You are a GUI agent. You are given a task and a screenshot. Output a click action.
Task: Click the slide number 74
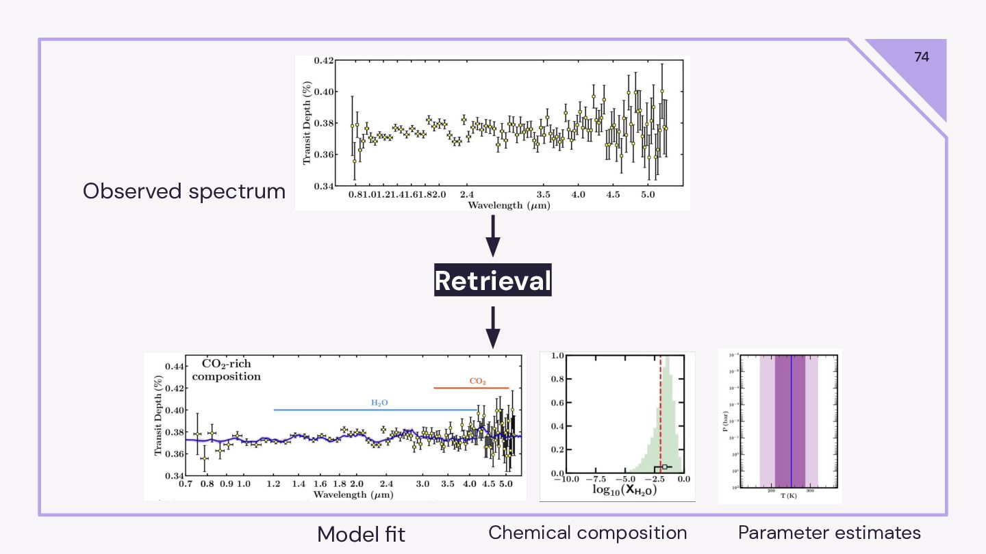coord(922,57)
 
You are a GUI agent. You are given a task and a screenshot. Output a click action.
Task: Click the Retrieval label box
coord(492,280)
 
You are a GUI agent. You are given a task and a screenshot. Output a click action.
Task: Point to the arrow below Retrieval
coord(492,327)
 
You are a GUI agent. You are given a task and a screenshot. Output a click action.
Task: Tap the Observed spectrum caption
coord(184,192)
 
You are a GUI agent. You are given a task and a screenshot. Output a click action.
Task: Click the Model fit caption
coord(361,534)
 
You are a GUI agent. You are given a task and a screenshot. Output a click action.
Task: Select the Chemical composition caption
coord(587,533)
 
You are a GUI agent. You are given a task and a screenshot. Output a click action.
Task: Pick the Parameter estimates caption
coord(829,533)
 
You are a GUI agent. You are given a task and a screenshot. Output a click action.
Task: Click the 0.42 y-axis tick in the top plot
coord(324,61)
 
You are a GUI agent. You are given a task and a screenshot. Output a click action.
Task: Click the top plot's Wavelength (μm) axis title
coord(509,205)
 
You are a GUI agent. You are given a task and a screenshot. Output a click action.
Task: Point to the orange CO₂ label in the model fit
coord(477,381)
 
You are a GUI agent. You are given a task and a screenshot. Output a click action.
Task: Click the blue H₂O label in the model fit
coord(379,403)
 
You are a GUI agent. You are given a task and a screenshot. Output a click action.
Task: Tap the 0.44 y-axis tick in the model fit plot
coord(173,367)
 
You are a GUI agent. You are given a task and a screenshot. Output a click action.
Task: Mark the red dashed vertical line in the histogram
coord(661,410)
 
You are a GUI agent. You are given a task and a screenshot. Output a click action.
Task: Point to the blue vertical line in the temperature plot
coord(792,421)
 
